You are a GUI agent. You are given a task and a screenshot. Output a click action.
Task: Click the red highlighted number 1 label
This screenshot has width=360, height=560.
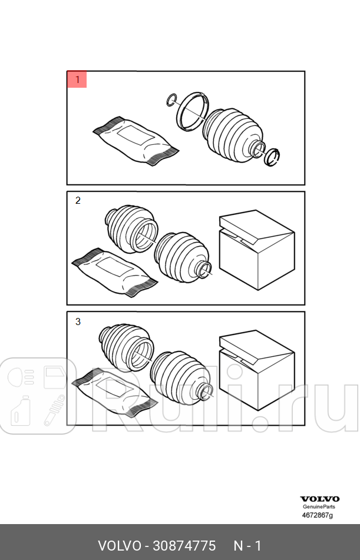click(x=77, y=79)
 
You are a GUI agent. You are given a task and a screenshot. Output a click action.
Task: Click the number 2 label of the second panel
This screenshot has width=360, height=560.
click(x=78, y=201)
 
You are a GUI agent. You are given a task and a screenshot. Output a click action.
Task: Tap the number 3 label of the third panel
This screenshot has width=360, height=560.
click(x=78, y=322)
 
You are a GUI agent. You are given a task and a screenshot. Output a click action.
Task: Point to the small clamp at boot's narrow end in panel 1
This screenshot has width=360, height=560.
click(x=272, y=157)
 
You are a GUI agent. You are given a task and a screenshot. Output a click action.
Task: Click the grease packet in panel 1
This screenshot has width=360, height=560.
click(x=136, y=140)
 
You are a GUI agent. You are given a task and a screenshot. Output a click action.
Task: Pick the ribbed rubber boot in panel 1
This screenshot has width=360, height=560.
click(x=234, y=135)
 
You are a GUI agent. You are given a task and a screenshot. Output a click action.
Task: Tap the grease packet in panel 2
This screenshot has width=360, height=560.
click(x=114, y=272)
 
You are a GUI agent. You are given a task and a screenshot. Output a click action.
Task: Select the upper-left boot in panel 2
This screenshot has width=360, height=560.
click(x=131, y=229)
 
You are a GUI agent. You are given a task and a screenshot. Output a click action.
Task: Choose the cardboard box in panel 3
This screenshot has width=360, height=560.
click(x=257, y=370)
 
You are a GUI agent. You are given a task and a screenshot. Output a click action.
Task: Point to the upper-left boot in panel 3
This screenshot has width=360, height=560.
click(x=126, y=347)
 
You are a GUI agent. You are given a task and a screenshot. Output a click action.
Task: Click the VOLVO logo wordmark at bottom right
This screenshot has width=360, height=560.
click(x=319, y=499)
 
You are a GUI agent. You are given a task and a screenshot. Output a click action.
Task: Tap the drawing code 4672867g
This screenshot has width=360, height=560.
click(x=318, y=515)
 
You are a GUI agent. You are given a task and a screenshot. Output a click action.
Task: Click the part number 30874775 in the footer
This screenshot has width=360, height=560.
click(x=184, y=546)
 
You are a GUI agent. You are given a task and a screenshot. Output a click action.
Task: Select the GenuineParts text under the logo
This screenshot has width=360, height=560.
click(x=319, y=506)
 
